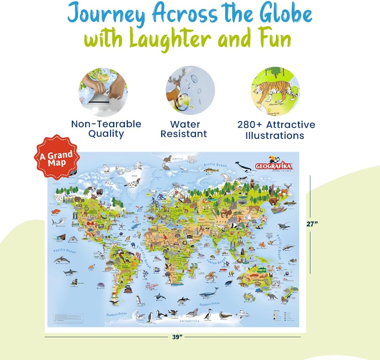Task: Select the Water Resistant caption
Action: [x=185, y=129]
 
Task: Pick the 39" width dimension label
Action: [x=178, y=337]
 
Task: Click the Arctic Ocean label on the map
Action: [x=215, y=165]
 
